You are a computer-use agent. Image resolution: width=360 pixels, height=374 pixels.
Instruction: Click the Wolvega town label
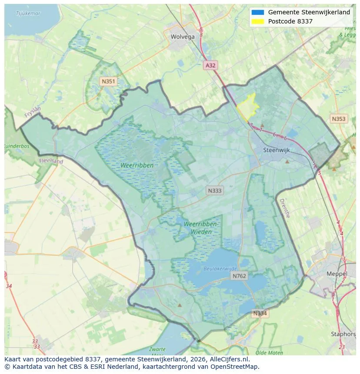pyautogui.click(x=183, y=36)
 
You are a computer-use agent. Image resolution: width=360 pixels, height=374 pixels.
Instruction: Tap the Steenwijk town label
pyautogui.click(x=277, y=150)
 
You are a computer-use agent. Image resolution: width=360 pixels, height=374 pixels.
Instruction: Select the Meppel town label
pyautogui.click(x=337, y=274)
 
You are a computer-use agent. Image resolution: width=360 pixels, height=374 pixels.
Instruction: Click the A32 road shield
pyautogui.click(x=210, y=65)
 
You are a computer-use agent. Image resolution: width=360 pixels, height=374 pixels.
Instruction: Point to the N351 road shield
pyautogui.click(x=108, y=81)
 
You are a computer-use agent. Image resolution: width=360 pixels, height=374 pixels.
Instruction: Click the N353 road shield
pyautogui.click(x=339, y=119)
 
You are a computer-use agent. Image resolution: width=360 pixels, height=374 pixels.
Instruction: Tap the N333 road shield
pyautogui.click(x=215, y=190)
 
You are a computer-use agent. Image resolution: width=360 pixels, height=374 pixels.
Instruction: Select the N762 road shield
pyautogui.click(x=239, y=276)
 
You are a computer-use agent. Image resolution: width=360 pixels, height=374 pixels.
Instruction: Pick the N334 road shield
pyautogui.click(x=260, y=313)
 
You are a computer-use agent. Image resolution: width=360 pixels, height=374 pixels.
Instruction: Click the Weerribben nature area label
pyautogui.click(x=137, y=165)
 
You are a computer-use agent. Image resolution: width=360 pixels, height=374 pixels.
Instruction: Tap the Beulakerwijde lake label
pyautogui.click(x=220, y=269)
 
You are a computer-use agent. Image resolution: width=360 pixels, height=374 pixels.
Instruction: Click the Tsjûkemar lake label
pyautogui.click(x=28, y=13)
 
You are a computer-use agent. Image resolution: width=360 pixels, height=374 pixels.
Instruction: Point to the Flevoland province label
pyautogui.click(x=51, y=161)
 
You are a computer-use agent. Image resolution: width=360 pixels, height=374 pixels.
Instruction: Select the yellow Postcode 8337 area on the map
pyautogui.click(x=248, y=107)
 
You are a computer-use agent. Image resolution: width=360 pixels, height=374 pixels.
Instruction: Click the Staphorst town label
pyautogui.click(x=343, y=334)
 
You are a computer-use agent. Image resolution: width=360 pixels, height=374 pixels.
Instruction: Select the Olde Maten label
pyautogui.click(x=269, y=353)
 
